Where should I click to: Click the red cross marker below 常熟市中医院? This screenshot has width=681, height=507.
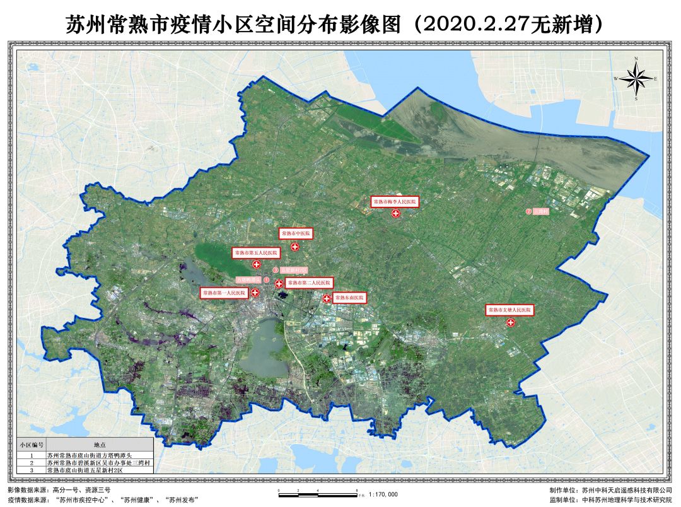pos(294,247)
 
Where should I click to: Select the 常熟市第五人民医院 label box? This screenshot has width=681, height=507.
pos(256,253)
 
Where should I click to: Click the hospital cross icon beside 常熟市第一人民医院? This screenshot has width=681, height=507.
pos(255,293)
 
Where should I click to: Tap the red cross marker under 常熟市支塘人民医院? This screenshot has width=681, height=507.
pos(511,323)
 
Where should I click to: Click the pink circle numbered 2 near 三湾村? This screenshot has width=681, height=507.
pos(528,212)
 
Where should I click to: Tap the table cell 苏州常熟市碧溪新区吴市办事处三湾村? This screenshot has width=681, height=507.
pos(99,462)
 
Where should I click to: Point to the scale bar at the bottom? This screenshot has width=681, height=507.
pos(318,491)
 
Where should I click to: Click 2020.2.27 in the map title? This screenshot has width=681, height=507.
pos(469,25)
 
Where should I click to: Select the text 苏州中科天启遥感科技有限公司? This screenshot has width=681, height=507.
pos(627,489)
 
